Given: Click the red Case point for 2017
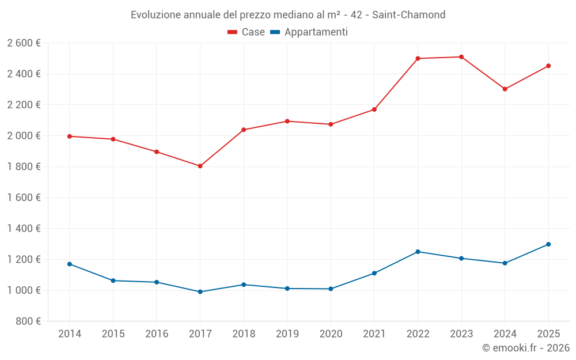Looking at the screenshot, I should click(200, 166).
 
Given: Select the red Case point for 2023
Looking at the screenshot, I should click(461, 57).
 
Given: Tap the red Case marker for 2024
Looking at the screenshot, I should click(505, 89).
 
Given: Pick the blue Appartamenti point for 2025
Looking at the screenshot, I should click(548, 244).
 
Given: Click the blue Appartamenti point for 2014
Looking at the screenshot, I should click(70, 264).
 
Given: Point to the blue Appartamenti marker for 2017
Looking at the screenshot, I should click(200, 291).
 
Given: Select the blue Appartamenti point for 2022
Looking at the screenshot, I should click(418, 252).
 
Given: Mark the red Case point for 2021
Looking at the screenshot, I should click(374, 109).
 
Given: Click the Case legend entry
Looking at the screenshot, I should click(247, 32).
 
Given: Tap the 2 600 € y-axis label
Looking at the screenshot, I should click(24, 43).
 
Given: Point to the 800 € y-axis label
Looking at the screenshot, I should click(28, 321).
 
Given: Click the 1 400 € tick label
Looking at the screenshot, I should click(24, 229).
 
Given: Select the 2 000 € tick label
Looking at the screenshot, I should click(24, 136).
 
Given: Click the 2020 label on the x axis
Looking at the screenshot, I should click(331, 334).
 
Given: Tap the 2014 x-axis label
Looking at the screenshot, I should click(70, 334).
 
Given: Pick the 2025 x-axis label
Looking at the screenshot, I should click(548, 334).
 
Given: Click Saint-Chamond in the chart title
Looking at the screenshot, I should click(408, 14).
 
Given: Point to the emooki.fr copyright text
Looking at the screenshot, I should click(526, 348).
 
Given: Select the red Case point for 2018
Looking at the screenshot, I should click(244, 130).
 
